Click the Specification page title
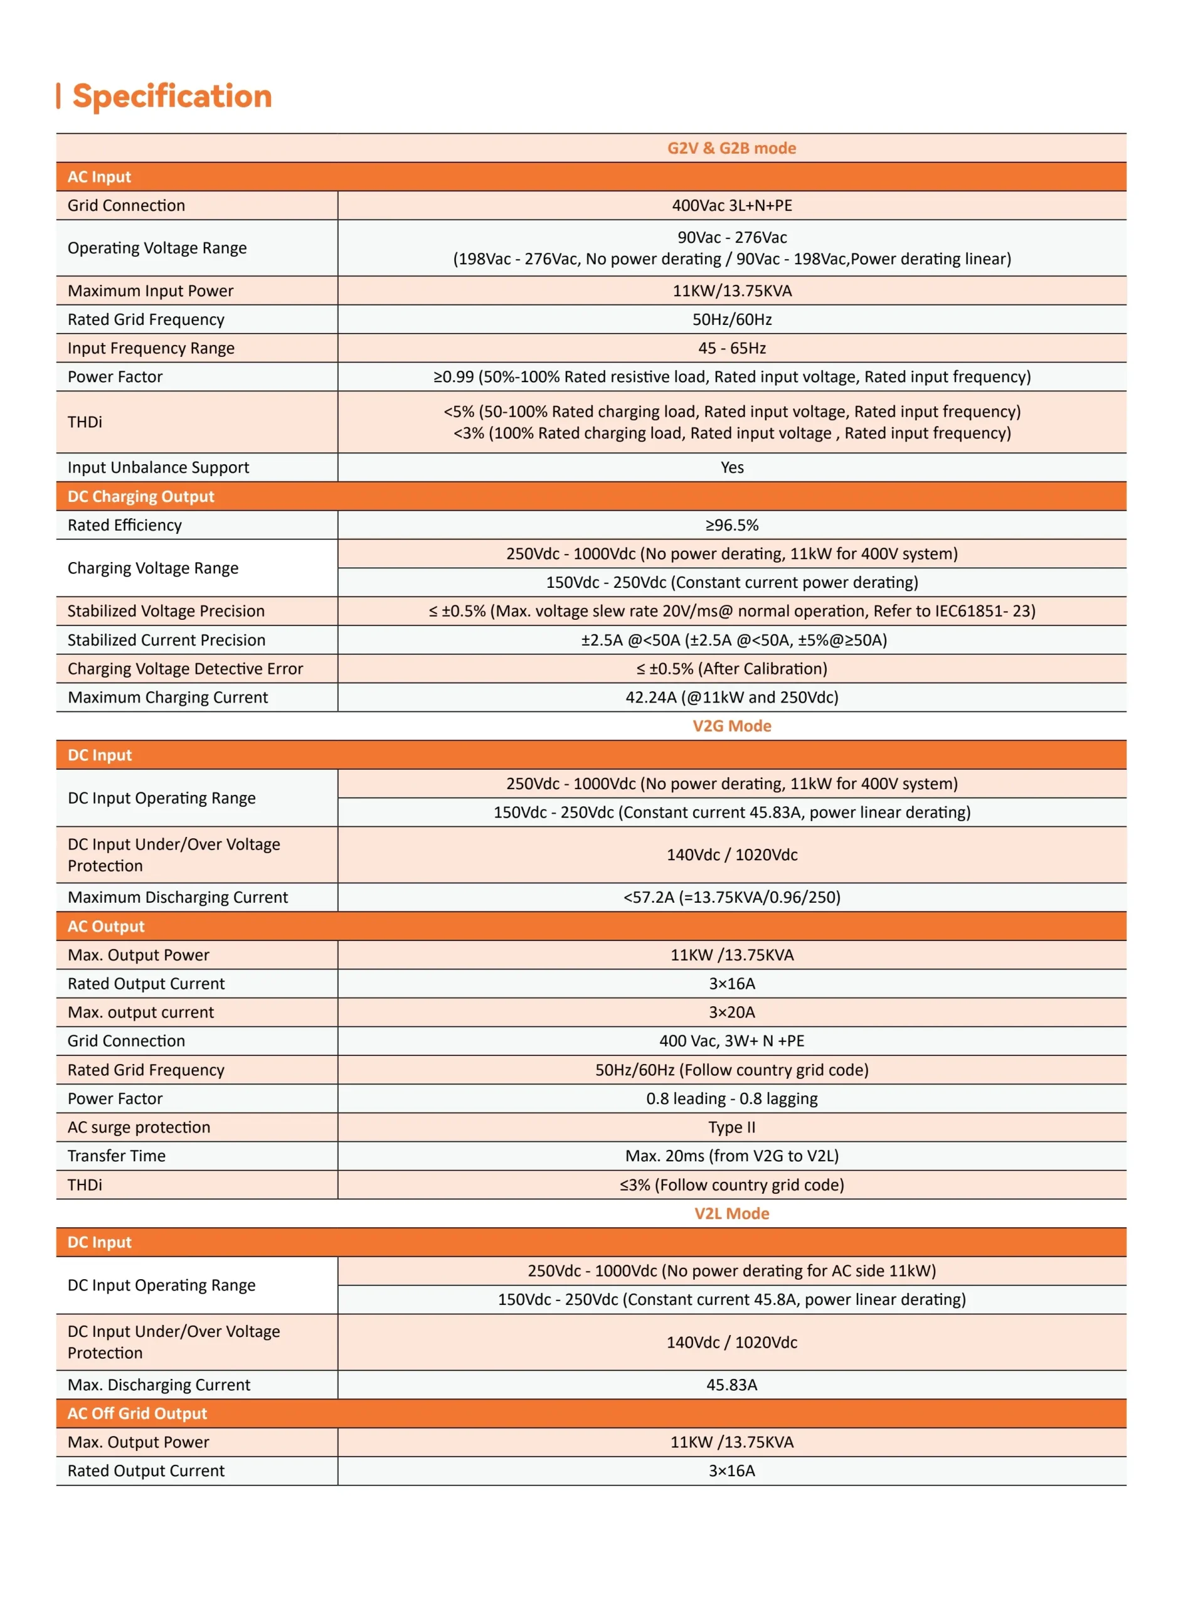pyautogui.click(x=172, y=96)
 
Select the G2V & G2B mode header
pyautogui.click(x=731, y=148)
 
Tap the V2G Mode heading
pyautogui.click(x=731, y=726)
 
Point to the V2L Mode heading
pyautogui.click(x=731, y=1214)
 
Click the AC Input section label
pyautogui.click(x=100, y=177)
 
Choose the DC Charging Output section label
pyautogui.click(x=141, y=496)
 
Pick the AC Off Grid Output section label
pyautogui.click(x=137, y=1413)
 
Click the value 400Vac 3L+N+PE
pyautogui.click(x=731, y=206)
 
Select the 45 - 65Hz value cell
pyautogui.click(x=731, y=348)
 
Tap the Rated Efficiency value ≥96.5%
pyautogui.click(x=731, y=525)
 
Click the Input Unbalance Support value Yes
pyautogui.click(x=731, y=467)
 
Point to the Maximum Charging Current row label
pyautogui.click(x=167, y=698)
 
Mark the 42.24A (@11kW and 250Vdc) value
pyautogui.click(x=731, y=698)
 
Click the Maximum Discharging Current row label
pyautogui.click(x=178, y=897)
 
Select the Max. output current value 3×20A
pyautogui.click(x=731, y=1013)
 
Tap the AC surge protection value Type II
pyautogui.click(x=731, y=1127)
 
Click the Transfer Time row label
pyautogui.click(x=117, y=1156)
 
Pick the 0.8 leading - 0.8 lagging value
pyautogui.click(x=731, y=1098)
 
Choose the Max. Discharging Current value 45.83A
pyautogui.click(x=731, y=1385)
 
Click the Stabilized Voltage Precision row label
pyautogui.click(x=166, y=611)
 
